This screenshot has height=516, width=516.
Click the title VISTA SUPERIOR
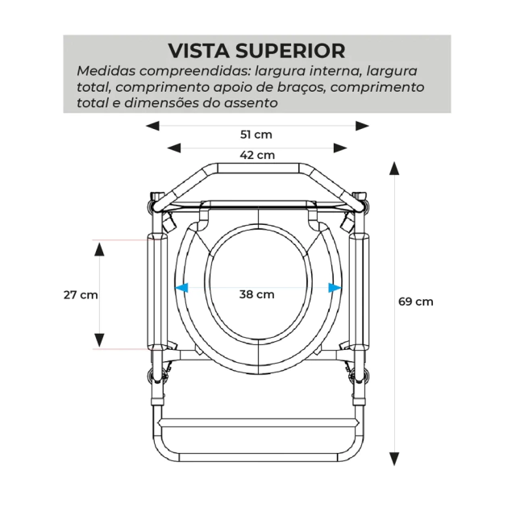pyautogui.click(x=256, y=50)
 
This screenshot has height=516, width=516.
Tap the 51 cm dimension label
pyautogui.click(x=257, y=134)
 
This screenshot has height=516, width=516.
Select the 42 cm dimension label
pyautogui.click(x=257, y=155)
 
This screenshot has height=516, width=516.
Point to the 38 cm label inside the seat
pyautogui.click(x=256, y=294)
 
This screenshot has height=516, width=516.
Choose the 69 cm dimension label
pyautogui.click(x=416, y=302)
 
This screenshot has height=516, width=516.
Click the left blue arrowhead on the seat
pyautogui.click(x=181, y=286)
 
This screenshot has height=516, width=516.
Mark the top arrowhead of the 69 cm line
pyautogui.click(x=394, y=167)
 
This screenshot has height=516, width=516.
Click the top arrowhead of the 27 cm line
pyautogui.click(x=99, y=247)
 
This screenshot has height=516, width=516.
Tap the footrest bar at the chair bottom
pyautogui.click(x=257, y=422)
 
